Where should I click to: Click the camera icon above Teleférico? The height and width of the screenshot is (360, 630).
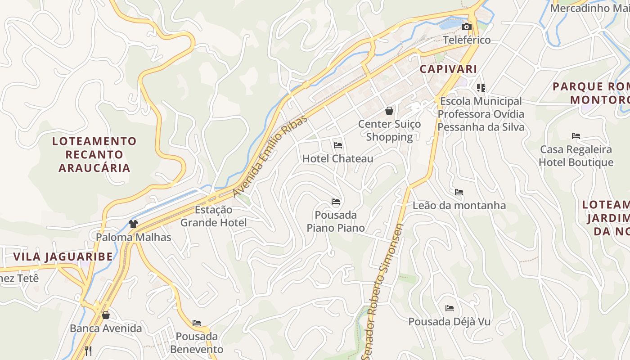point(467,27)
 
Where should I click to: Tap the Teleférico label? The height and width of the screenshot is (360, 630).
point(467,40)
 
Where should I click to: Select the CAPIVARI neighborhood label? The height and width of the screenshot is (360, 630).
point(448,69)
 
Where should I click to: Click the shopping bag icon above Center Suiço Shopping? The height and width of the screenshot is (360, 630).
point(389,111)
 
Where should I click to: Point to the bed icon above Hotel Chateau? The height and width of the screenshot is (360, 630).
point(338,145)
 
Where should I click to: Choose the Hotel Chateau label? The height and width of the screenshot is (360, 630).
point(337,158)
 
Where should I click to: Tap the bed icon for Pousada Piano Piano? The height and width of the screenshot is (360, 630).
point(336,202)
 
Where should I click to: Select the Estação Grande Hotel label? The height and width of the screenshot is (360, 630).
point(213,216)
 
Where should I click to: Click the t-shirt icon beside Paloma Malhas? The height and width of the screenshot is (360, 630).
point(133,224)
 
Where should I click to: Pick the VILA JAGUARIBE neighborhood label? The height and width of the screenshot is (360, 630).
point(63,257)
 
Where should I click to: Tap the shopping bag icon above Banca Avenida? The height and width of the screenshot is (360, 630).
point(106,315)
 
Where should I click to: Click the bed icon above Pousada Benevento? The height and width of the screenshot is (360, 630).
point(197,323)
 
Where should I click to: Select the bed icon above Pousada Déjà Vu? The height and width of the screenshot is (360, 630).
point(450,308)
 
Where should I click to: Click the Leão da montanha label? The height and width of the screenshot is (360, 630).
point(459,206)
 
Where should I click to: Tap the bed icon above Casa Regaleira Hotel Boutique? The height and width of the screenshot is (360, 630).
point(576,136)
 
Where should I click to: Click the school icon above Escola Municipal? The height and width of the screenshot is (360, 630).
point(481,88)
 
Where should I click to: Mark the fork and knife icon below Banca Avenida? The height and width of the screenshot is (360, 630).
point(89,351)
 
